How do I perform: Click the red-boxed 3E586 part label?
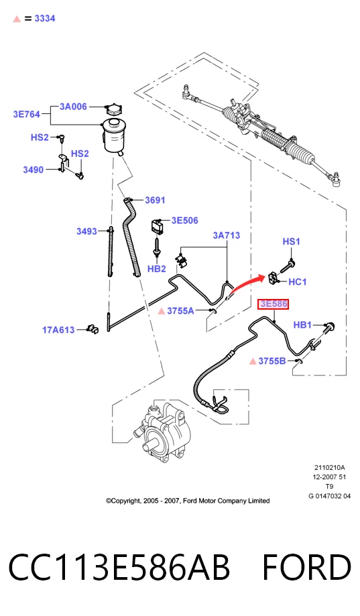pyautogui.click(x=273, y=304)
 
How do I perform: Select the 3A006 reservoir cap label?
pyautogui.click(x=73, y=107)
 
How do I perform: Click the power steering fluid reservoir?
pyautogui.click(x=113, y=135)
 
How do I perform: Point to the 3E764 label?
pyautogui.click(x=27, y=115)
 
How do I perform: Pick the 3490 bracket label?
pyautogui.click(x=33, y=170)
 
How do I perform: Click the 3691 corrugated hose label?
pyautogui.click(x=155, y=200)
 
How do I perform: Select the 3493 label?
pyautogui.click(x=86, y=231)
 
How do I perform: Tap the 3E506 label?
pyautogui.click(x=185, y=221)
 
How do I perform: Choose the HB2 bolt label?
pyautogui.click(x=156, y=269)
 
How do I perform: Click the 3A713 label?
pyautogui.click(x=227, y=235)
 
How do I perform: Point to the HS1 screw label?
pyautogui.click(x=291, y=241)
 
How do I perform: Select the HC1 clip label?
pyautogui.click(x=298, y=282)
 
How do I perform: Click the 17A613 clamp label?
pyautogui.click(x=58, y=330)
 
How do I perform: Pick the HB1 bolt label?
pyautogui.click(x=302, y=325)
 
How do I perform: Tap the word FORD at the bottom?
pyautogui.click(x=306, y=567)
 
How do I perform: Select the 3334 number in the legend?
pyautogui.click(x=45, y=19)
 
